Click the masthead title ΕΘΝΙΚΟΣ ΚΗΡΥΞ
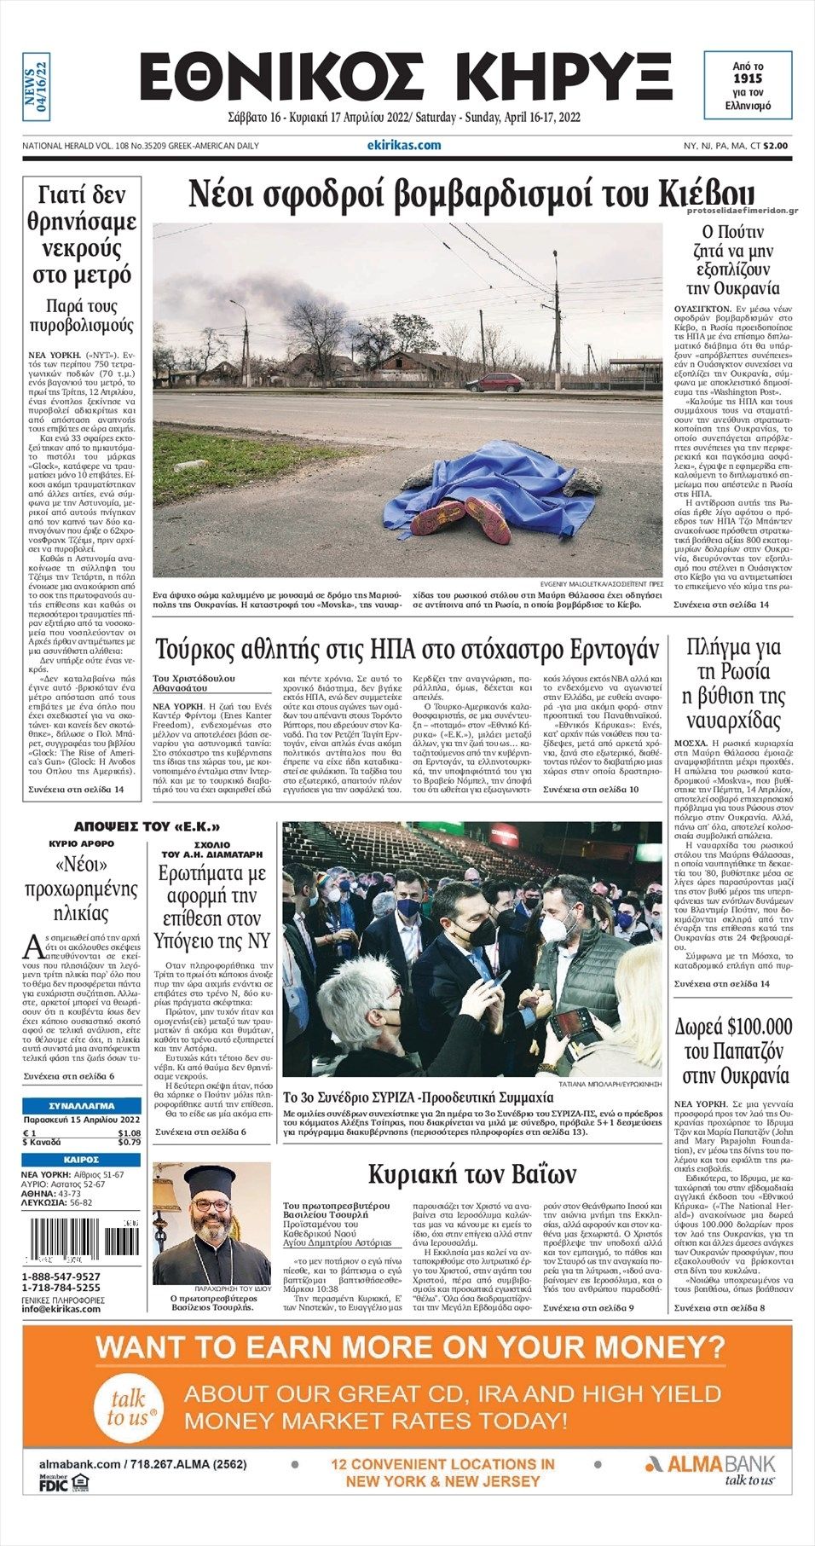(x=406, y=78)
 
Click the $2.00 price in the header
(x=775, y=146)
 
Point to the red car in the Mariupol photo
(x=494, y=383)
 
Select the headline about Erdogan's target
(x=407, y=651)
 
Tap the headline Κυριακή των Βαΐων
(x=471, y=1174)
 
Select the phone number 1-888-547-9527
(x=61, y=1277)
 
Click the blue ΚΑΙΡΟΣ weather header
(x=81, y=1160)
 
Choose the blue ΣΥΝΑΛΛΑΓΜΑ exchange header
(x=81, y=1105)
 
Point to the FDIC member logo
(x=54, y=1484)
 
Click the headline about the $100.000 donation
(x=733, y=1051)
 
